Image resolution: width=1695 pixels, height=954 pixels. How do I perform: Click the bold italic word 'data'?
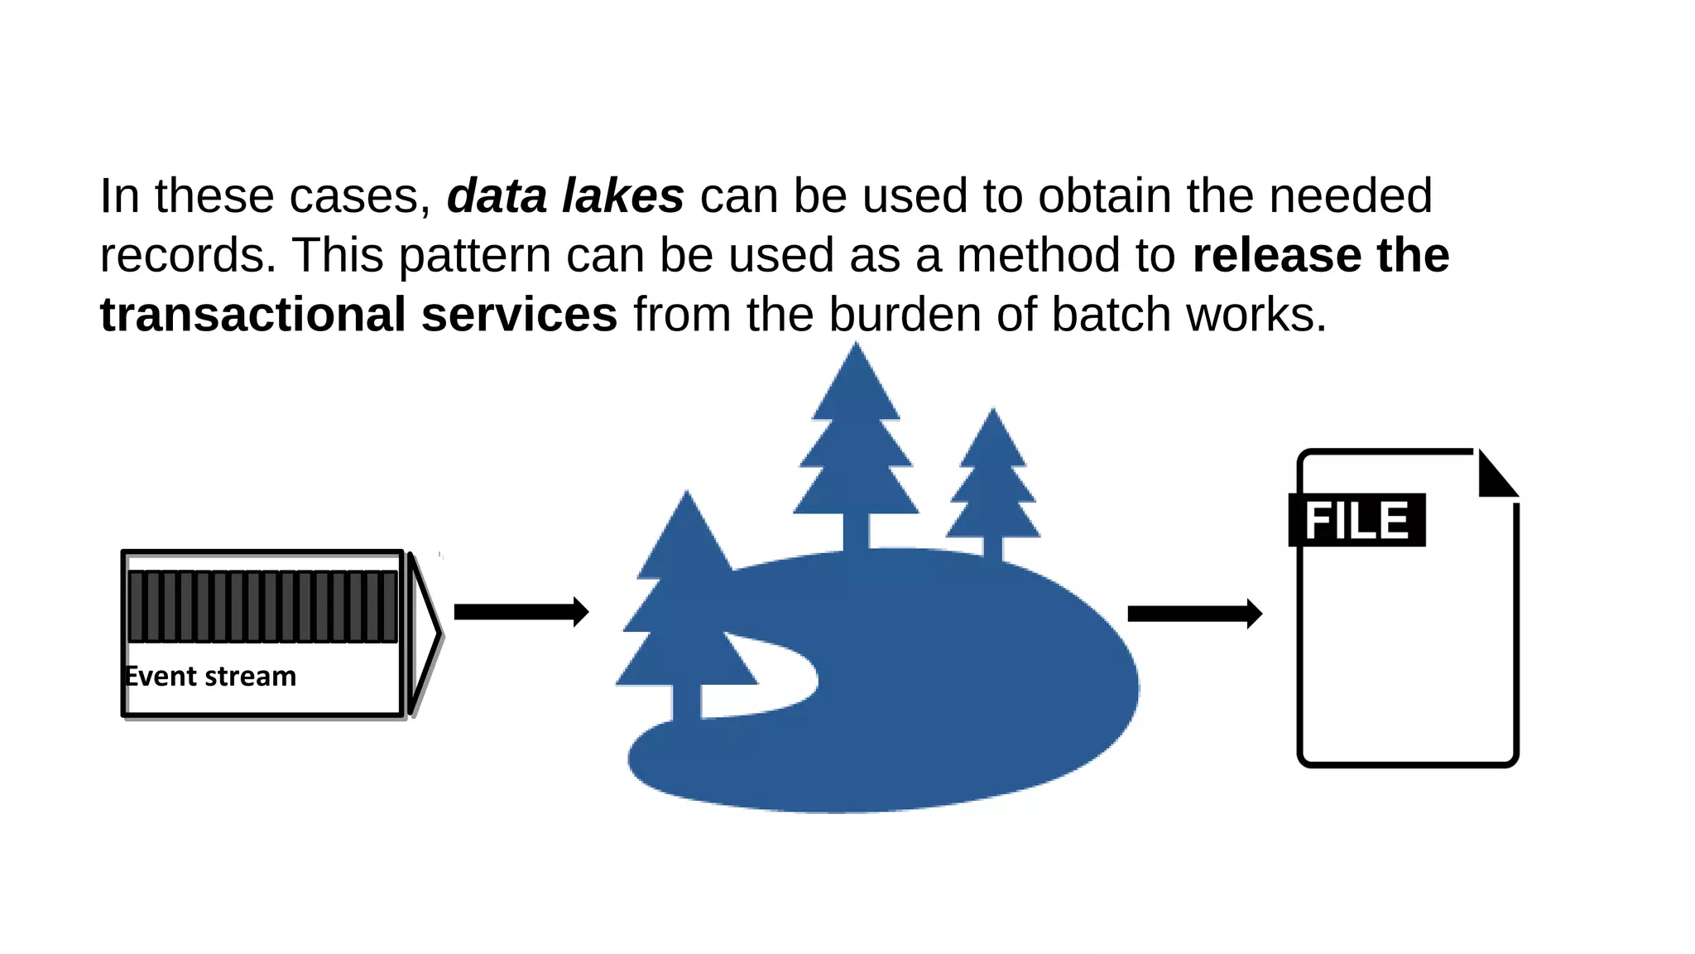(x=497, y=196)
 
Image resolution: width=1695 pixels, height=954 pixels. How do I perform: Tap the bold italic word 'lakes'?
(x=623, y=196)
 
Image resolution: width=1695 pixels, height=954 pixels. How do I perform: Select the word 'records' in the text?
(x=187, y=255)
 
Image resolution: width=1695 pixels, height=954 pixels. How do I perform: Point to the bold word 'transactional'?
(x=252, y=315)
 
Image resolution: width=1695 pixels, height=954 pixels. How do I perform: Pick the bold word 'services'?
(x=519, y=315)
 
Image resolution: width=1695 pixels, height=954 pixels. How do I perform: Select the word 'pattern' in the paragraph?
(x=474, y=257)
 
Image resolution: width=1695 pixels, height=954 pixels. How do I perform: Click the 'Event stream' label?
(x=210, y=677)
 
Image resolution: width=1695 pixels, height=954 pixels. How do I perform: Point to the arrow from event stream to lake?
(x=521, y=612)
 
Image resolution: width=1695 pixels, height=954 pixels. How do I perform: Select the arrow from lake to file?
(x=1193, y=614)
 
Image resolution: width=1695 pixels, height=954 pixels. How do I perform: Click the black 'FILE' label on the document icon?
(x=1356, y=520)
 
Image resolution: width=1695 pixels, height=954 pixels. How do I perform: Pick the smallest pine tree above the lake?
(x=993, y=480)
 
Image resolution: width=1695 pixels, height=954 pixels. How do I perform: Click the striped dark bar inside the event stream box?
(x=263, y=606)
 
